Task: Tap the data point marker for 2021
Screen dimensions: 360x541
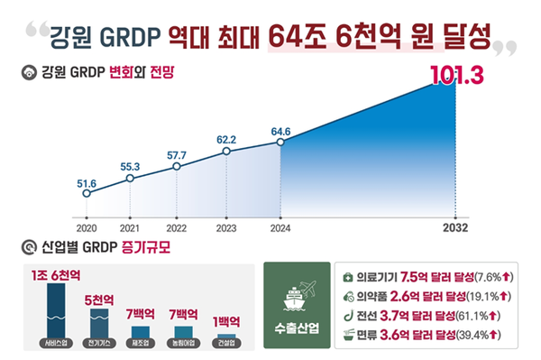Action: pos(131,178)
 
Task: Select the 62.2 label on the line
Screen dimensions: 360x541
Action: pos(226,140)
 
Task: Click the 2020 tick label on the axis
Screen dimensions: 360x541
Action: pos(87,228)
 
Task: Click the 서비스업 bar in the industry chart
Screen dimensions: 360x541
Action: pos(56,310)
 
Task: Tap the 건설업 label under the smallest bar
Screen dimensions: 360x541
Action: pos(225,343)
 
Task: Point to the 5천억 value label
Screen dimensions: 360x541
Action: pos(99,298)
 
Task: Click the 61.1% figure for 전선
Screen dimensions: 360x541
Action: pos(487,315)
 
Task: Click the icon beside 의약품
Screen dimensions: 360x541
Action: pos(349,295)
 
